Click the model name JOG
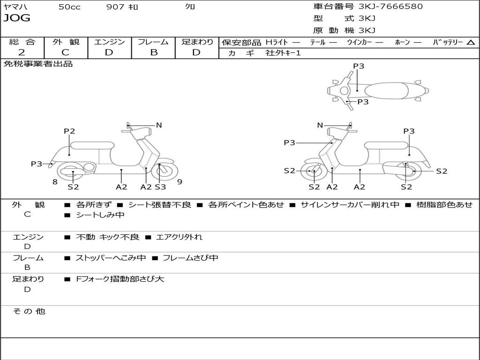coord(17,18)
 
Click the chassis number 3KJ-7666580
coord(390,7)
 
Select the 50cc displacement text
coord(69,7)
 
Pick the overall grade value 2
coord(22,52)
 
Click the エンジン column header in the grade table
coord(109,42)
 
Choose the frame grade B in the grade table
coord(153,52)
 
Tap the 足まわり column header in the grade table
coord(197,42)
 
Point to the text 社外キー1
coord(283,53)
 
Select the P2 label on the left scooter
coord(69,131)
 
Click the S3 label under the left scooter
coord(160,187)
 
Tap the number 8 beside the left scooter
coord(55,182)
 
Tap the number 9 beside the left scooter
coord(180,182)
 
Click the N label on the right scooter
coord(320,125)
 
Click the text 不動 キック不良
coord(107,237)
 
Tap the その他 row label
coord(29,311)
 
